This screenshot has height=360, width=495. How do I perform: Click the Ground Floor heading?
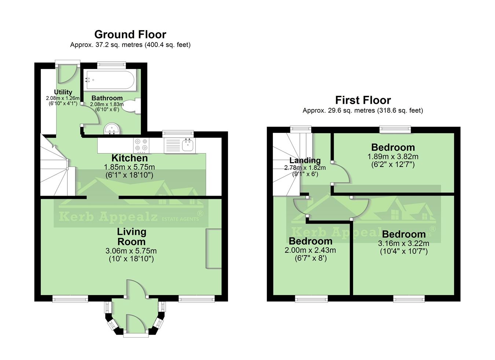130,34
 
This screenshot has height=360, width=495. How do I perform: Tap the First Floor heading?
363,100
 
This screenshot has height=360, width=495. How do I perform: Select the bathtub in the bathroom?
110,80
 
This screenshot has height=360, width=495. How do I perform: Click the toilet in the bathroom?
132,106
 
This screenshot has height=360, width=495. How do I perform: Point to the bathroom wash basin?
112,128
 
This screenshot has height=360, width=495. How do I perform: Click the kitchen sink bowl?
188,145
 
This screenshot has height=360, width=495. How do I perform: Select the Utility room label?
63,92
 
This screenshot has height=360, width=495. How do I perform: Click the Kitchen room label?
129,158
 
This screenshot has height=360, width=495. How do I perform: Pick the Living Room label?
132,237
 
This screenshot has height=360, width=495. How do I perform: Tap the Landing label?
305,160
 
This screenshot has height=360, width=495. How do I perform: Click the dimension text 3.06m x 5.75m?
131,251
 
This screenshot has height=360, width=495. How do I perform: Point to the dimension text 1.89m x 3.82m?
393,157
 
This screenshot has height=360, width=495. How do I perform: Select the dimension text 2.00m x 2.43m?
310,250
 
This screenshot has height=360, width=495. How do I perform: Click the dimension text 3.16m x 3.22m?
403,243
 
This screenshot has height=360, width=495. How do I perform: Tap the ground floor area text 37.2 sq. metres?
119,45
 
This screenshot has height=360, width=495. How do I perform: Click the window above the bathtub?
111,65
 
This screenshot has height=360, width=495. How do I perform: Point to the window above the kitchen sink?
178,134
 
